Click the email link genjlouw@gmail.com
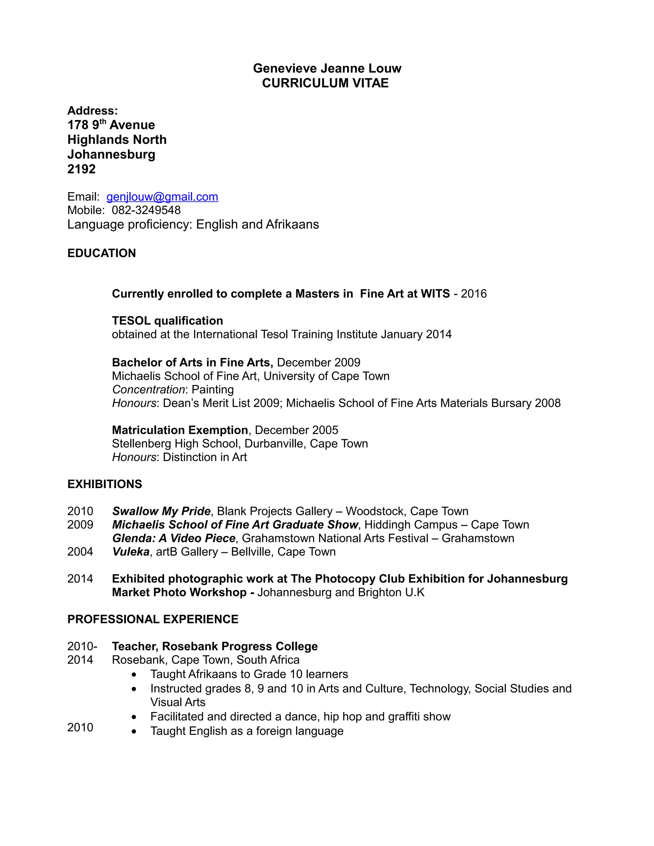162,197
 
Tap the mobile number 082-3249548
146,210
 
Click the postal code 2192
81,169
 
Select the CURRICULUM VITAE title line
325,83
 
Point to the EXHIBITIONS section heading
105,484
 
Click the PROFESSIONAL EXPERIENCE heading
153,619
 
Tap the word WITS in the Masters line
435,294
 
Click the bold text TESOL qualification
167,321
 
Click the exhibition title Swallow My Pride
161,511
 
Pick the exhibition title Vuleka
131,552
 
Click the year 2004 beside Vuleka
80,552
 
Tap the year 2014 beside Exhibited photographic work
80,579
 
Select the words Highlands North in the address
117,140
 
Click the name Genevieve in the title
285,69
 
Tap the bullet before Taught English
134,732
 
